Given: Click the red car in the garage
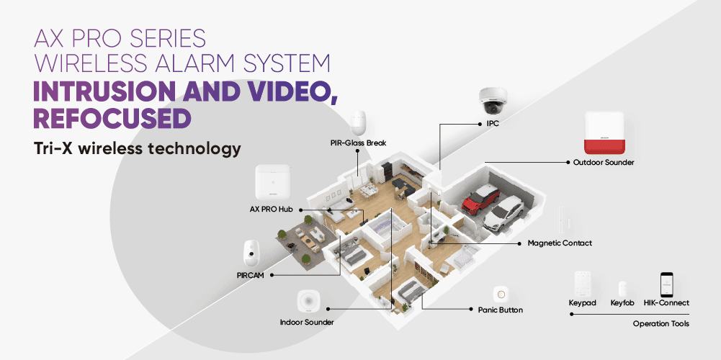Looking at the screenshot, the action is (480, 199).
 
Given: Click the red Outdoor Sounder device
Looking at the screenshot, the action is (604, 133).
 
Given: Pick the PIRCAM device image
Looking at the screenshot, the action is (251, 253).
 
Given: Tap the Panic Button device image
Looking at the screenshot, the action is (501, 294).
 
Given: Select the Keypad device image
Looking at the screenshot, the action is (583, 284).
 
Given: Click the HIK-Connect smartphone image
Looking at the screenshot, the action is (667, 284).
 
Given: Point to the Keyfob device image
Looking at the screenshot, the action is (622, 289).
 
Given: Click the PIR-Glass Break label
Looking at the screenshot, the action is (358, 143).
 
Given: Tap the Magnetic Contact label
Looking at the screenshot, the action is (560, 243).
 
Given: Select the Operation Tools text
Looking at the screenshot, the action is (660, 324).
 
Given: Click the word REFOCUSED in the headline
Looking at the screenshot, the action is (112, 119).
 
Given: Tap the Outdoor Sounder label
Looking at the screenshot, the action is (604, 162).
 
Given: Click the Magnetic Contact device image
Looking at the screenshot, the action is (563, 220).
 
